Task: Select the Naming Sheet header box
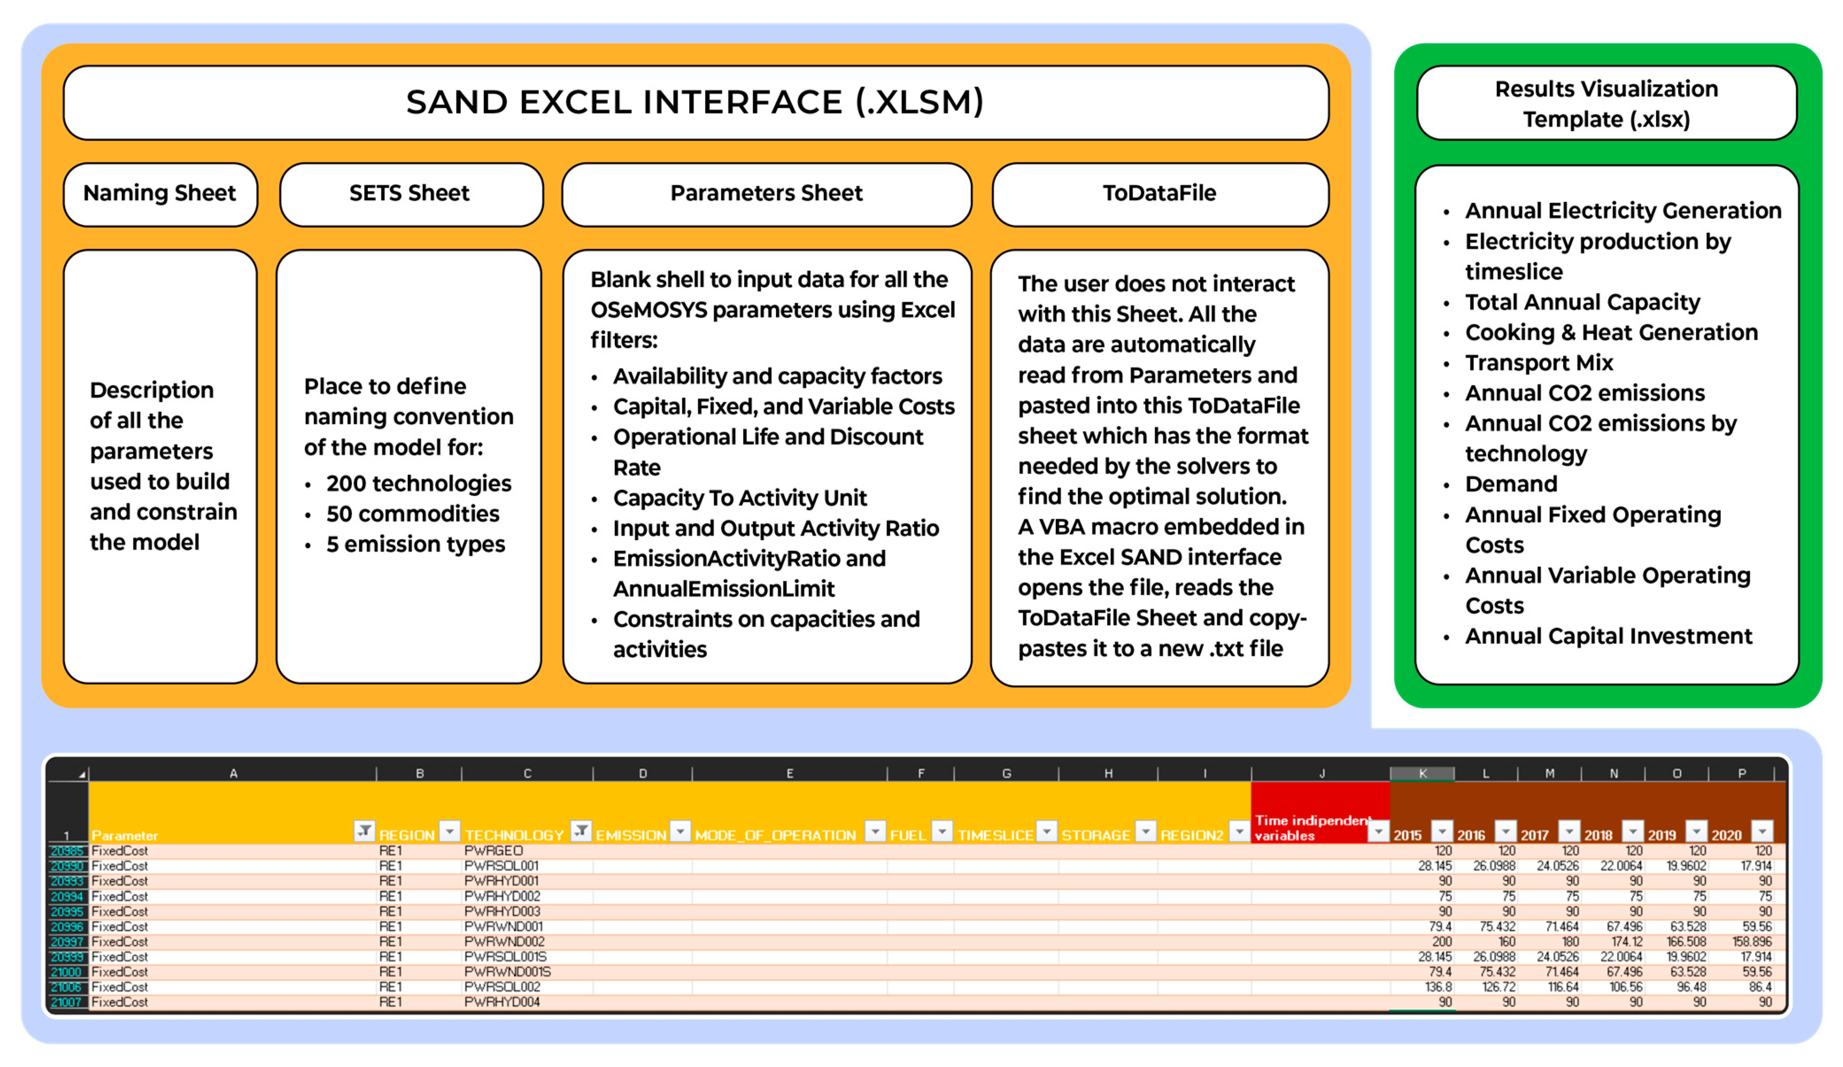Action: (159, 194)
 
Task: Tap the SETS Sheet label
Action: (410, 194)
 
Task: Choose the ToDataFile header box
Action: (1159, 194)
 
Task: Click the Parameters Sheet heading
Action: (766, 194)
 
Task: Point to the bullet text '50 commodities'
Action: (413, 514)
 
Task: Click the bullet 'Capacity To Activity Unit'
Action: (739, 498)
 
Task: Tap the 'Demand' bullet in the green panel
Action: (1511, 484)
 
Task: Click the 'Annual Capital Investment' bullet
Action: (1608, 636)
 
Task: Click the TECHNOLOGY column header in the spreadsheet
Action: (514, 835)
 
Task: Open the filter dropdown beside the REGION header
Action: (450, 832)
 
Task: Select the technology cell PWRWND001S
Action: (507, 972)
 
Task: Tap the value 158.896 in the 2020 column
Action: (1752, 942)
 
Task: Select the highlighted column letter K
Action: (1422, 773)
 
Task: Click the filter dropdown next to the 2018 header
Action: (1632, 832)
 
